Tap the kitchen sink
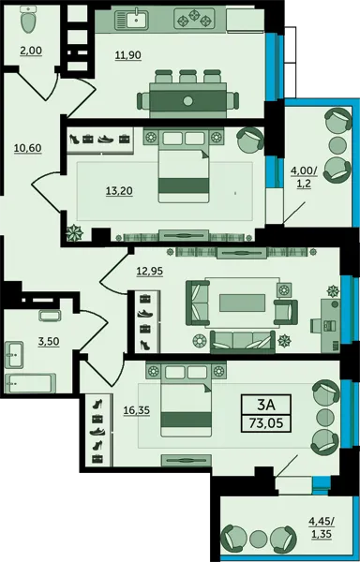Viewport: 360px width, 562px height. [x=131, y=20]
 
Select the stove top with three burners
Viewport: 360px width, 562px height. [x=194, y=19]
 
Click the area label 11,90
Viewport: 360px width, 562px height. [x=128, y=55]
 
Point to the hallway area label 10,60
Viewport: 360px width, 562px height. [x=27, y=148]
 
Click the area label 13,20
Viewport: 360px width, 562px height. [x=119, y=191]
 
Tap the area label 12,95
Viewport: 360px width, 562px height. [x=150, y=272]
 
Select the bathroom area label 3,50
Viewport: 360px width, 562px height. [x=49, y=341]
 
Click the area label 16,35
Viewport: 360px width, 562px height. [x=137, y=411]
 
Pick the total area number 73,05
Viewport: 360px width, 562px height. [x=266, y=423]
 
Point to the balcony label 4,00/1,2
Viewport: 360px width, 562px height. [x=304, y=178]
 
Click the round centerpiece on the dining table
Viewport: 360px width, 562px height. [x=187, y=101]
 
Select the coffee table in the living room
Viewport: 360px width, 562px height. [x=243, y=303]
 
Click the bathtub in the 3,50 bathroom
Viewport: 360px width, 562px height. [x=30, y=384]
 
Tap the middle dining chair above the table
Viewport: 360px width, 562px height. [x=187, y=76]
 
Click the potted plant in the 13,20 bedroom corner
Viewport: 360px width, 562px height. [x=75, y=232]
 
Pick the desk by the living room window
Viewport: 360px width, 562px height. [x=330, y=325]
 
